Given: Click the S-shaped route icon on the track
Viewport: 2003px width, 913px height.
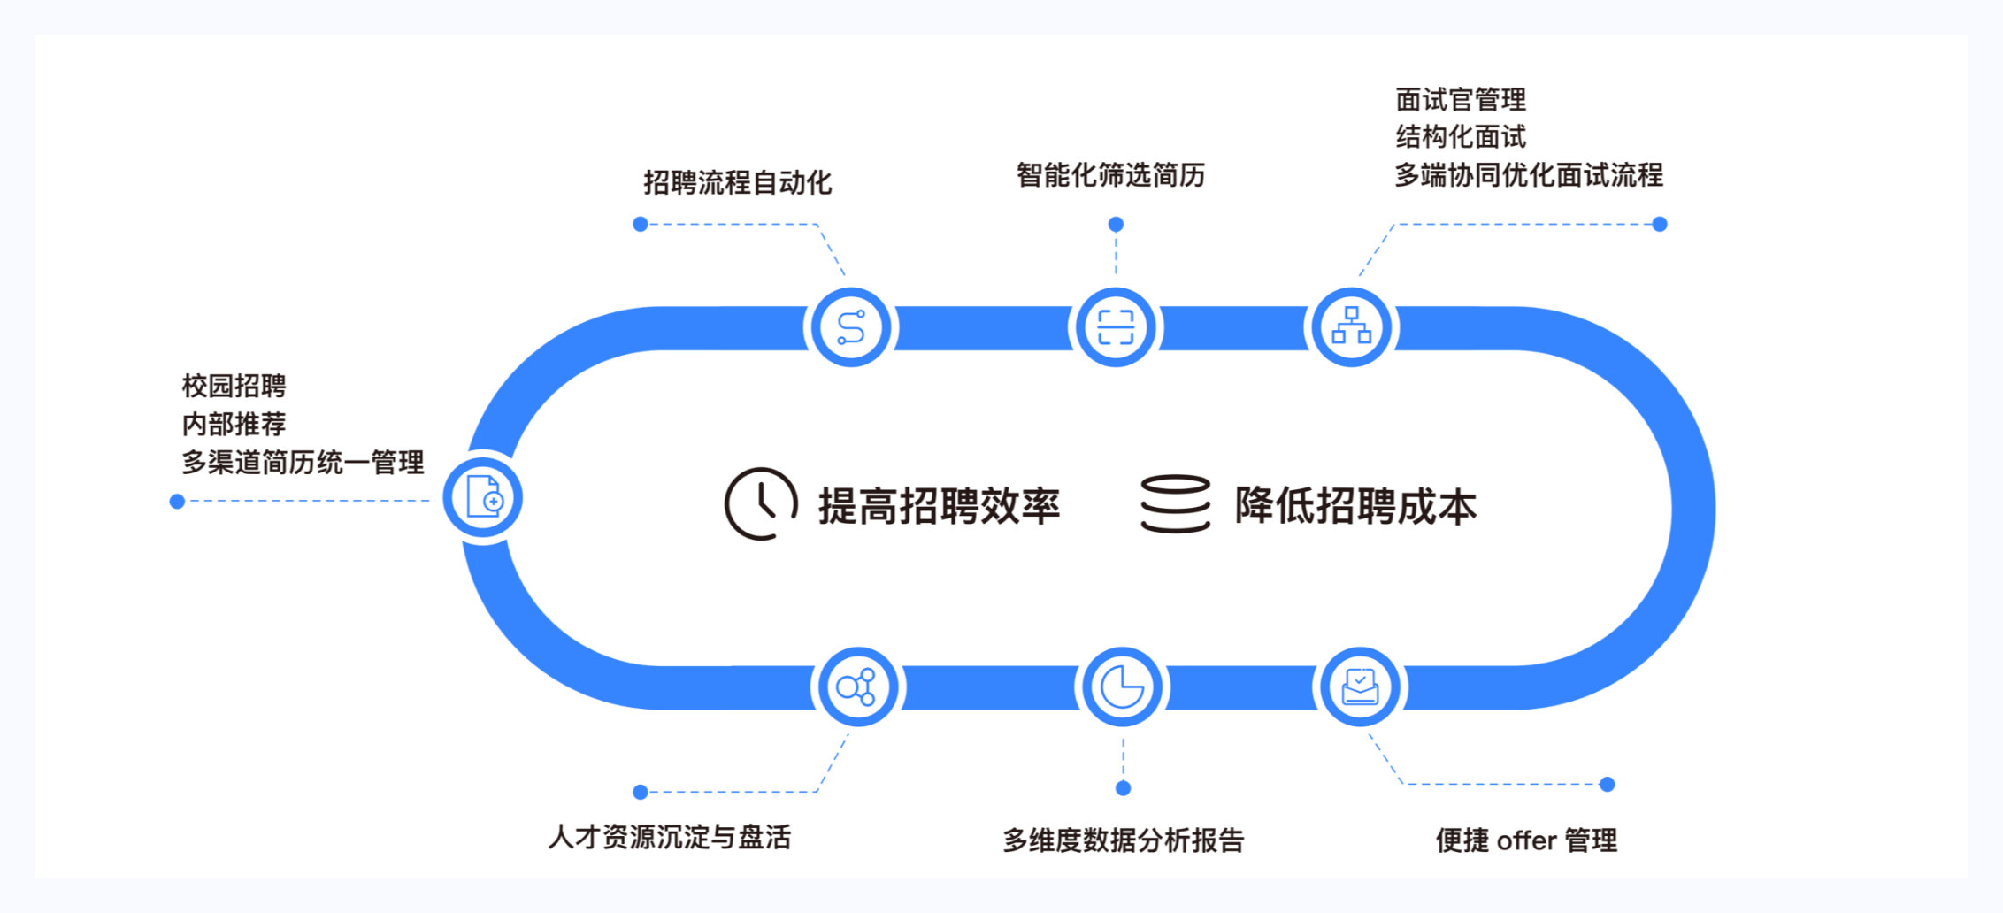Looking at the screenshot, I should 850,327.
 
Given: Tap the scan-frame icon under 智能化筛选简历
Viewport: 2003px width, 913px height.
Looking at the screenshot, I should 1116,327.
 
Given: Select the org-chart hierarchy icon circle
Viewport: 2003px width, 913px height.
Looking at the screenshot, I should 1351,327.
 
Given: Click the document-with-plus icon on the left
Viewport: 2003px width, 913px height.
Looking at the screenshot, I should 483,497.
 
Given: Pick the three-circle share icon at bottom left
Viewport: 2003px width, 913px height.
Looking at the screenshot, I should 856,687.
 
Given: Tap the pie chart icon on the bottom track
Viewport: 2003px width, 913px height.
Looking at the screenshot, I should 1122,687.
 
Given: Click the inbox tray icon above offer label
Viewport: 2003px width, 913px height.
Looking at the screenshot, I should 1360,687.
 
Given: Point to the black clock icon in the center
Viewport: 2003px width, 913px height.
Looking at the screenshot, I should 760,503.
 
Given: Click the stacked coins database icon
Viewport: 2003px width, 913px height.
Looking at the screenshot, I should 1175,503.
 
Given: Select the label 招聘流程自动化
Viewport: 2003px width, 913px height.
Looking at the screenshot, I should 737,183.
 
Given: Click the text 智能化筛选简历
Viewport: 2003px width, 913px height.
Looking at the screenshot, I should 1110,175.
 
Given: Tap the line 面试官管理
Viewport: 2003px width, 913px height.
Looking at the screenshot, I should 1461,100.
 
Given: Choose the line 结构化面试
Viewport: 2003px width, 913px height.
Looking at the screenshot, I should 1461,137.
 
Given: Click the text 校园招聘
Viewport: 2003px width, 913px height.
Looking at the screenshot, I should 234,386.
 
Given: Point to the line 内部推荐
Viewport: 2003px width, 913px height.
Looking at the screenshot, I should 234,424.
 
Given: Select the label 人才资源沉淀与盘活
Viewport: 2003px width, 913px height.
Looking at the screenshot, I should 670,837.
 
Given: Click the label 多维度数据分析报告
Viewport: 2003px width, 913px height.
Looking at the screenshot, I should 1123,840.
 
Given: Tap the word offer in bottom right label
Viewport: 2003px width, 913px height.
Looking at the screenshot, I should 1526,840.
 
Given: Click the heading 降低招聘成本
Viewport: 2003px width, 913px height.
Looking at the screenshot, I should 1355,506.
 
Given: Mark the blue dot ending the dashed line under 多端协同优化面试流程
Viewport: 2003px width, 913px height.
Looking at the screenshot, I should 1660,225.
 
